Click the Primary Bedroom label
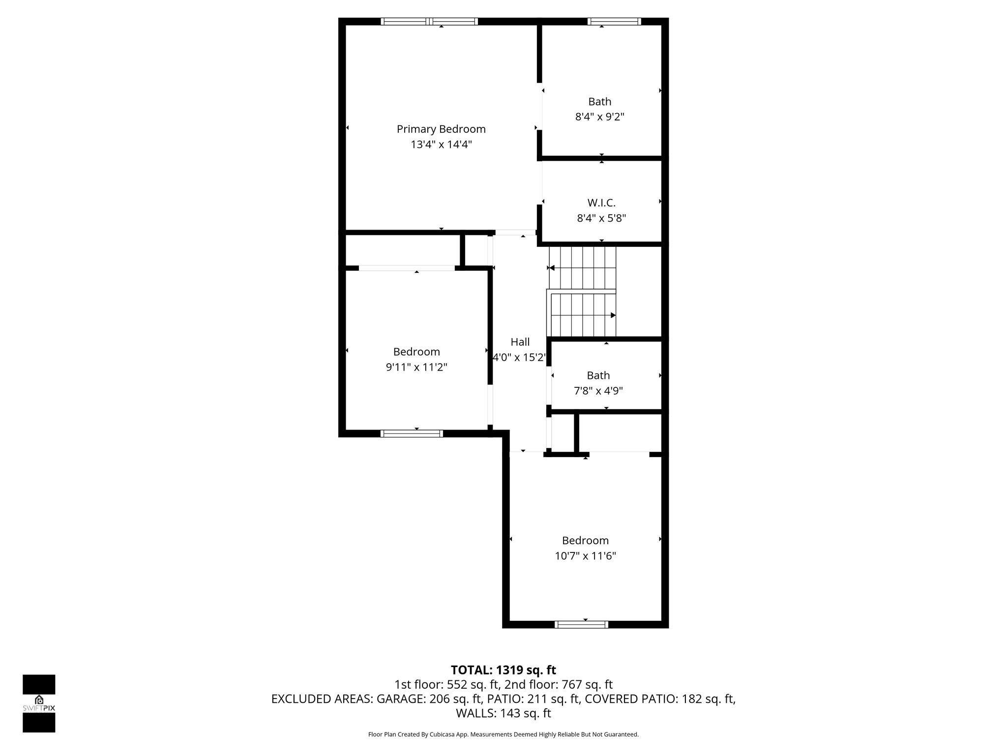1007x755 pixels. [x=441, y=129]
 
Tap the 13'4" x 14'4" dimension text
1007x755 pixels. [x=441, y=145]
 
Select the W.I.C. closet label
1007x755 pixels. [x=601, y=203]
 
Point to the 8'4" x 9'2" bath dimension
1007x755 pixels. [x=599, y=117]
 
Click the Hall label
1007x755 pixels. [x=520, y=342]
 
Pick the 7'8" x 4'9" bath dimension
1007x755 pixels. [x=598, y=391]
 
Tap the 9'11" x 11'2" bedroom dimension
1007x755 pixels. [x=416, y=367]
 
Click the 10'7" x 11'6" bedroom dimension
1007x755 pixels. [x=585, y=556]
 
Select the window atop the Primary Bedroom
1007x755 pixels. [x=429, y=21]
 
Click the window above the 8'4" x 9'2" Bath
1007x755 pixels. [x=614, y=21]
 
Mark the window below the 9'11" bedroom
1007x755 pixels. [x=412, y=434]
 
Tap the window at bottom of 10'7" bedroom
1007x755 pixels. [x=581, y=625]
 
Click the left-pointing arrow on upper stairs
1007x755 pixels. [x=552, y=268]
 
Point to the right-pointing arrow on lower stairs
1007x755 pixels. [x=613, y=315]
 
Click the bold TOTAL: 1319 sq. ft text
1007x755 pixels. [x=503, y=670]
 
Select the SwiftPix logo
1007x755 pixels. [x=39, y=703]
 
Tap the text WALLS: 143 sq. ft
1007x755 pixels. [x=503, y=713]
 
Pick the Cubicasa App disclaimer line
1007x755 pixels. [x=503, y=734]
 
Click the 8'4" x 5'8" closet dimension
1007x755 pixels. [x=601, y=218]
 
